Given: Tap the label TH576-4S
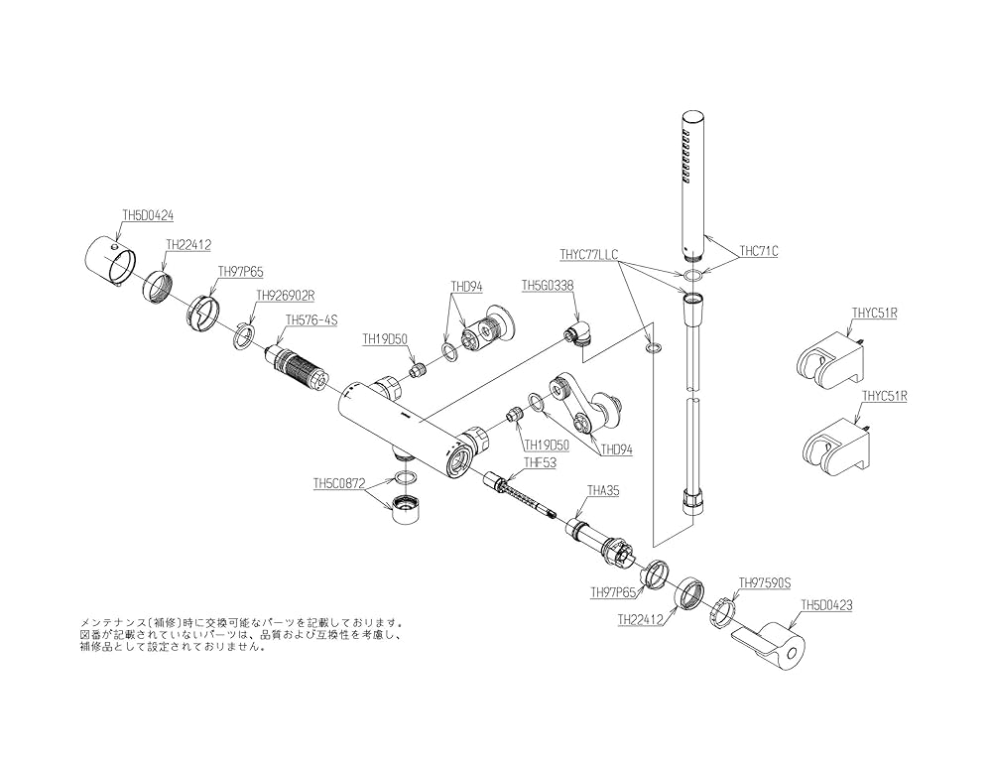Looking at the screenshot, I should click(x=311, y=319).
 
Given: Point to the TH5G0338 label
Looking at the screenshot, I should click(x=549, y=285).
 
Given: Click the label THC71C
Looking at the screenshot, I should click(x=759, y=251).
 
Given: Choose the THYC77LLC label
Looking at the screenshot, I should click(x=588, y=254).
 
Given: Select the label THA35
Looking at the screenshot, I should click(x=603, y=490).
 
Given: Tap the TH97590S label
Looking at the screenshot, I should click(x=764, y=583).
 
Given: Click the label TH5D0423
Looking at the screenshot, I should click(x=827, y=603).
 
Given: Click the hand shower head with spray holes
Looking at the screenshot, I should click(x=691, y=184).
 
